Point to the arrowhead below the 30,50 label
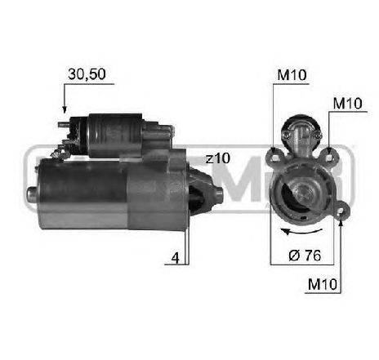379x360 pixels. pos(64,109)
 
